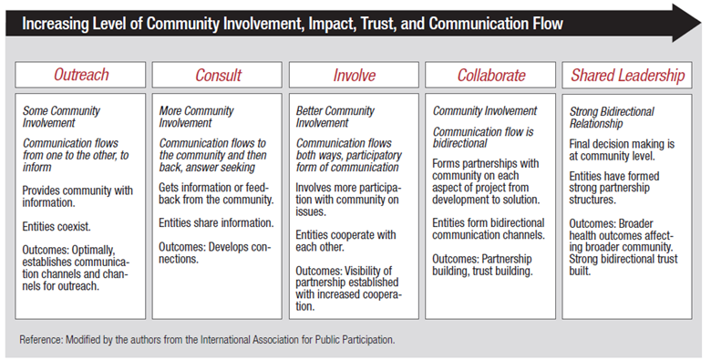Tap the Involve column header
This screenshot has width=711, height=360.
(354, 75)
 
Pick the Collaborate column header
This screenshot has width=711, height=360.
(491, 75)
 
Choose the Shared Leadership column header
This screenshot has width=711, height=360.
(628, 75)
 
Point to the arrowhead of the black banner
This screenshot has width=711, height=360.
(685, 23)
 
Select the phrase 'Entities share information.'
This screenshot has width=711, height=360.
(215, 222)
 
